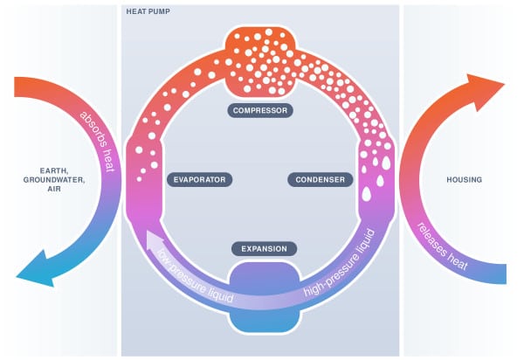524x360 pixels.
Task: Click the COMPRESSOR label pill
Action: click(260, 111)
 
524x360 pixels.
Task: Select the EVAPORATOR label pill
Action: click(199, 180)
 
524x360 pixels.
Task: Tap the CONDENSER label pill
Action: click(321, 180)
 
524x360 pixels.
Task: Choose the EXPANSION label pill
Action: click(264, 249)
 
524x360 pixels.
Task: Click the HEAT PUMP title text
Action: click(148, 11)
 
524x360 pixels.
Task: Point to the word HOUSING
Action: click(465, 180)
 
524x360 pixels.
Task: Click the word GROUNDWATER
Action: click(54, 180)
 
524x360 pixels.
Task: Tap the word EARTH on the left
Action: click(54, 170)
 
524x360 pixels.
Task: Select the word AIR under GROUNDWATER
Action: click(54, 189)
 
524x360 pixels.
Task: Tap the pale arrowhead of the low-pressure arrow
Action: click(154, 240)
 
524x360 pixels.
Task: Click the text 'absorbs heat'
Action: click(98, 142)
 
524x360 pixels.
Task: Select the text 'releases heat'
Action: click(443, 246)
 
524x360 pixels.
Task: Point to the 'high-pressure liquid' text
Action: click(340, 263)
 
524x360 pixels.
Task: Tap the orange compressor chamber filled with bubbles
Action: click(260, 62)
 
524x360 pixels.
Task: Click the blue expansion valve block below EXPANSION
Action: click(264, 297)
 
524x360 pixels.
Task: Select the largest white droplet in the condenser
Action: click(367, 194)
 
